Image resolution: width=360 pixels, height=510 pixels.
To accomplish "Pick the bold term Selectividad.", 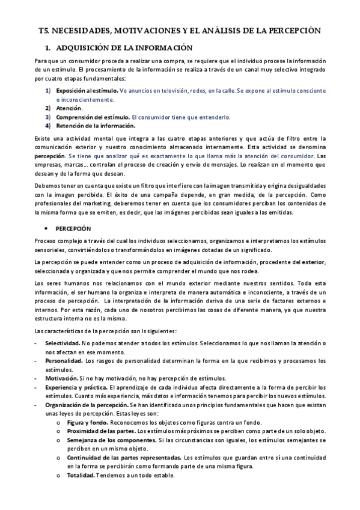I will point(62,343).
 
